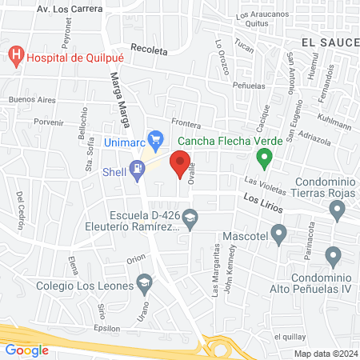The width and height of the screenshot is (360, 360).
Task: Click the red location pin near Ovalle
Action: click(180, 166)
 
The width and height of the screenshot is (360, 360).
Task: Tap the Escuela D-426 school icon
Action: click(190, 217)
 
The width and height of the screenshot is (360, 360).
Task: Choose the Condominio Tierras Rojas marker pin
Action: click(338, 211)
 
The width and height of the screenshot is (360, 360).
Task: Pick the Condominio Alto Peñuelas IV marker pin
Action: click(334, 258)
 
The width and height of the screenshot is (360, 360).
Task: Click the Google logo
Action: click(27, 350)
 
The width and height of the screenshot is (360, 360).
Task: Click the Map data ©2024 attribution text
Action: click(325, 353)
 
